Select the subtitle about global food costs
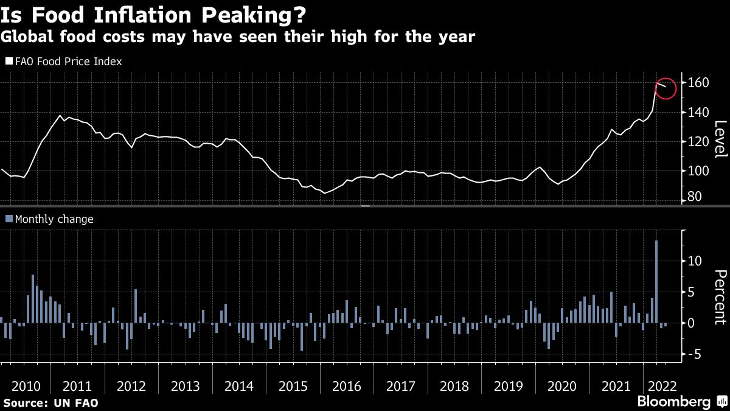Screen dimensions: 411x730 [x=237, y=37]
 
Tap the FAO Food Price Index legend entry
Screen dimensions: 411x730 [x=64, y=61]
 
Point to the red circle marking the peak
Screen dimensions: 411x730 [x=665, y=89]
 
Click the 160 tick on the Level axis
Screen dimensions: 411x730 [x=698, y=82]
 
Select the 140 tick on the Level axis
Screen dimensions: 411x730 [x=698, y=112]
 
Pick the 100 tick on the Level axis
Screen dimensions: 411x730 [x=698, y=171]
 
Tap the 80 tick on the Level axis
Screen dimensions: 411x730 [x=695, y=197]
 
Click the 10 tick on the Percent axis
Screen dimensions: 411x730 [x=695, y=261]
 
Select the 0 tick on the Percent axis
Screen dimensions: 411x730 [x=692, y=323]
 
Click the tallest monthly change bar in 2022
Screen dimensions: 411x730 [x=656, y=281]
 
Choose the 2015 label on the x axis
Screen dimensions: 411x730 [x=294, y=387]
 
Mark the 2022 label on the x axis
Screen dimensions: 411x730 [x=661, y=387]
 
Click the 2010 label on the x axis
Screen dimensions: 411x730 [x=26, y=387]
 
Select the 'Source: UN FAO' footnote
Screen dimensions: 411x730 [x=50, y=403]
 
